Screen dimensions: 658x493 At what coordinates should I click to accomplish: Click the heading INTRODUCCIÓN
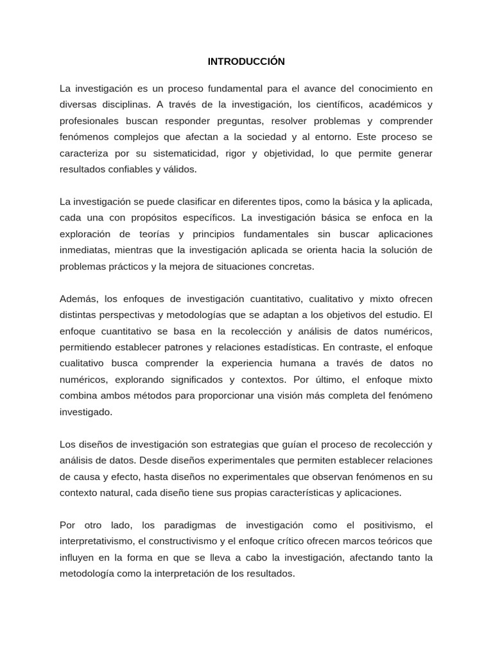click(x=246, y=62)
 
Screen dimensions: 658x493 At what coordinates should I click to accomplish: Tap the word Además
click(x=76, y=298)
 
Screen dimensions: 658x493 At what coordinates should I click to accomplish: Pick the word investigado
click(x=85, y=412)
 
